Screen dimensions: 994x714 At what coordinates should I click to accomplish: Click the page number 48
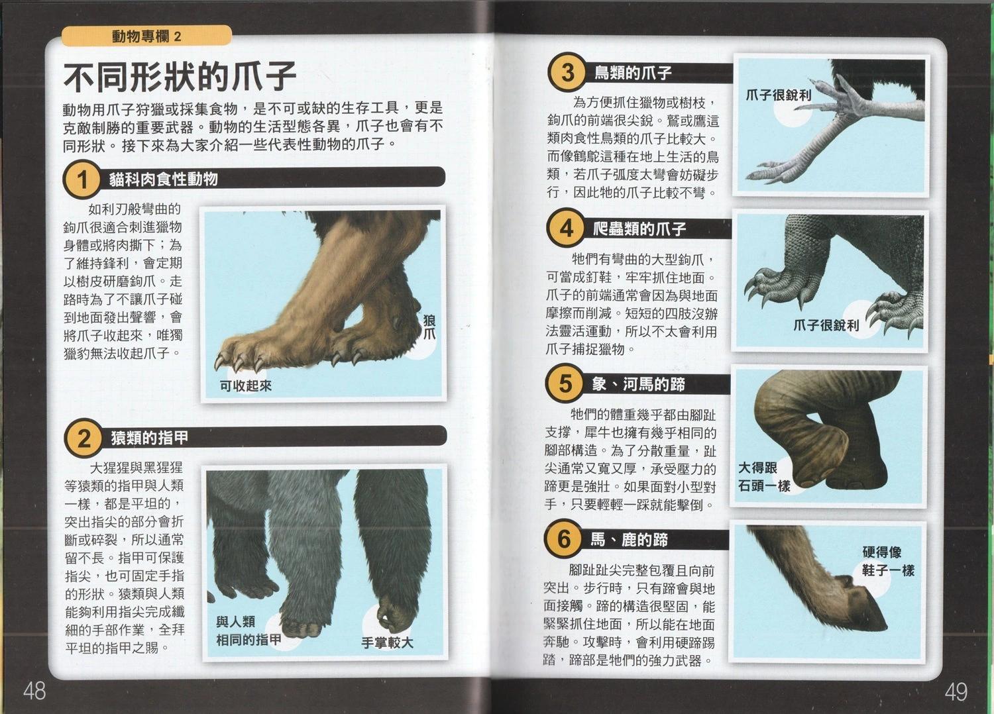(x=34, y=691)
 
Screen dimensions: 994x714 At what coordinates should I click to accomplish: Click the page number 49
(x=956, y=692)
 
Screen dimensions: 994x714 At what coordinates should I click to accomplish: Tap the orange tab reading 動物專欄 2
(x=146, y=36)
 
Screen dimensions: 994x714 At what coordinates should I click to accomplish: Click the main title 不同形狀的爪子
(x=180, y=77)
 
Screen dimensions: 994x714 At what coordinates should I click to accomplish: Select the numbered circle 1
(x=82, y=180)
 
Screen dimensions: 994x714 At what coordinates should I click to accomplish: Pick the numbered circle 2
(x=84, y=438)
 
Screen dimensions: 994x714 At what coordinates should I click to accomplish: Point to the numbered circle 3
(x=567, y=73)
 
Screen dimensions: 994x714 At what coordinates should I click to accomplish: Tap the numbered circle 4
(x=566, y=229)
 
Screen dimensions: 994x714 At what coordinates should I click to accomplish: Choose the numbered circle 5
(x=565, y=383)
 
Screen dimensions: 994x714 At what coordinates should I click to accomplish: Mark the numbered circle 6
(x=563, y=539)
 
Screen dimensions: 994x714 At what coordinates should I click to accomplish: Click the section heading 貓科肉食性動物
(x=164, y=179)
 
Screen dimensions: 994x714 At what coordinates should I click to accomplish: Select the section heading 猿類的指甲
(x=150, y=438)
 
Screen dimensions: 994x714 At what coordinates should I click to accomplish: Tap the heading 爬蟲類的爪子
(x=639, y=229)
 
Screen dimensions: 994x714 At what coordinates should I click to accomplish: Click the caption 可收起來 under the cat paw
(x=246, y=386)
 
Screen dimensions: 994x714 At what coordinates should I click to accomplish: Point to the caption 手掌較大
(x=388, y=642)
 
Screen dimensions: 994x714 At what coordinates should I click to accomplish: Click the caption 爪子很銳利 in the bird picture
(x=779, y=95)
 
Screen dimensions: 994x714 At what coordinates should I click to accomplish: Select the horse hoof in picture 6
(x=861, y=607)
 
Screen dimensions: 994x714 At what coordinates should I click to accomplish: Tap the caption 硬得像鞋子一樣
(x=888, y=561)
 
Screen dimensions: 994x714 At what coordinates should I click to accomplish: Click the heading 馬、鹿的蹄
(x=630, y=539)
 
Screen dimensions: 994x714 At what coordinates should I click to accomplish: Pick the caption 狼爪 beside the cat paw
(x=429, y=327)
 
